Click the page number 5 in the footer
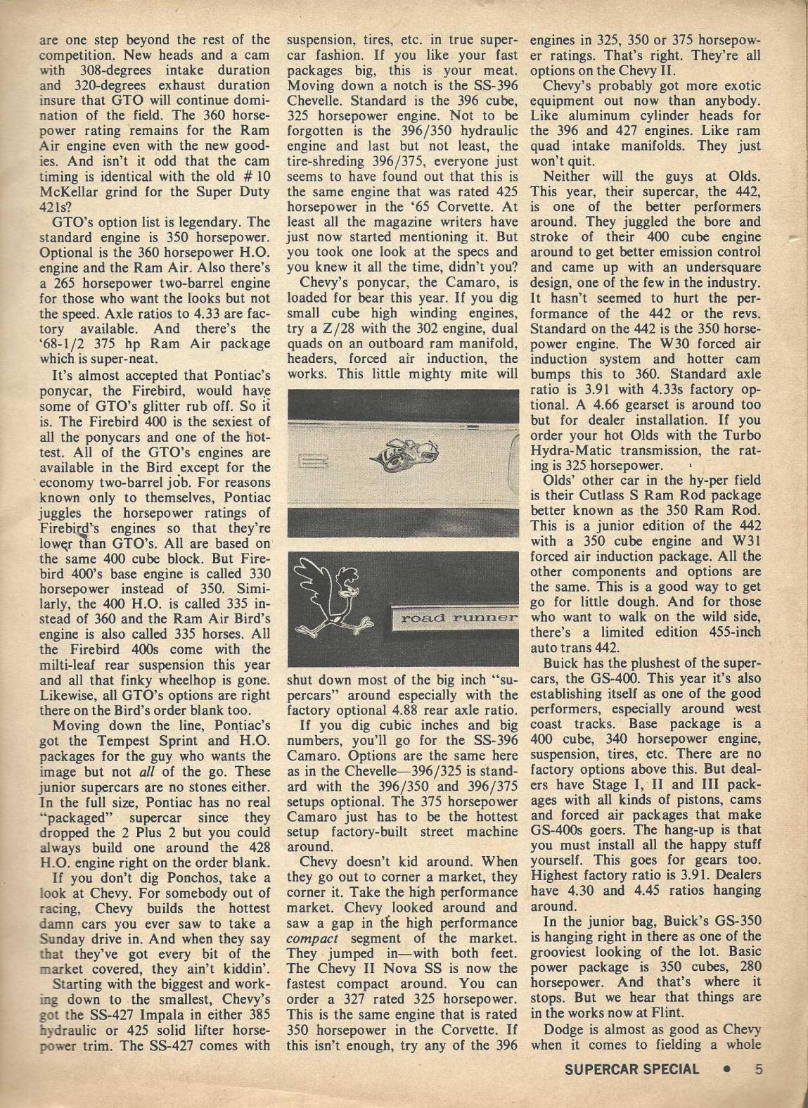758,1069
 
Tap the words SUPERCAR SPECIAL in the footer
631,1069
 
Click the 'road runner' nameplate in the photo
456,618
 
